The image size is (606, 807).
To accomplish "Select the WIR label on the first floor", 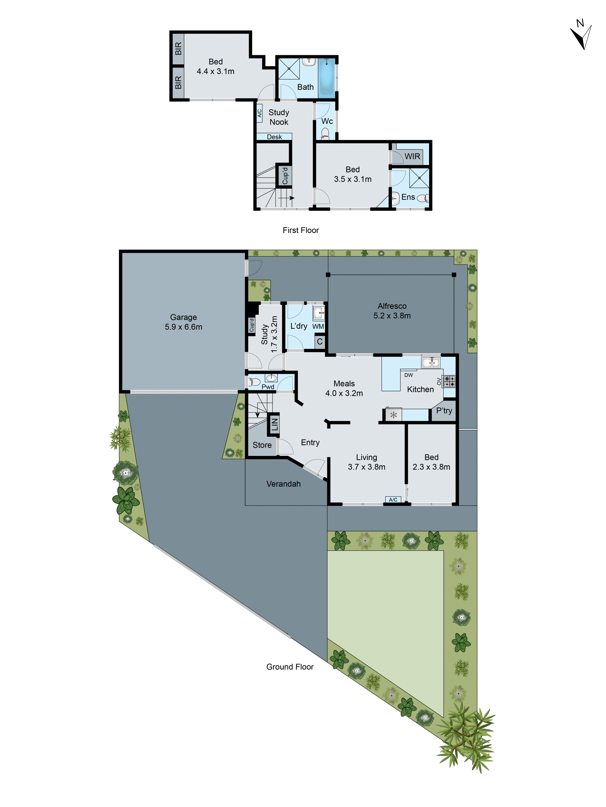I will point(412,157).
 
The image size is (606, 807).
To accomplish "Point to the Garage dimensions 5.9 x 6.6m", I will point(183,327).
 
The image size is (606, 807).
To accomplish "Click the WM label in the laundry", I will point(318,326).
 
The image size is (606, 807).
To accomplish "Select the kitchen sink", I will point(431,362).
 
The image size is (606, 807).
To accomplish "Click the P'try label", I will point(444,411).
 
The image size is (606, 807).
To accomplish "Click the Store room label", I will point(262,445).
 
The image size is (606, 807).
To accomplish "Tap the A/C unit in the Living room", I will point(393,500).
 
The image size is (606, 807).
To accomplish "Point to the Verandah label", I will point(284,484).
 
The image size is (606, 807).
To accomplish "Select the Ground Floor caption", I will point(290,667).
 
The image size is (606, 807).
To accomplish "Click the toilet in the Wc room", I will point(325,134).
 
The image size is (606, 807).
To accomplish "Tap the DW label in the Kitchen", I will point(409,375).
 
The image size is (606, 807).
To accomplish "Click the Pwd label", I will point(268,387).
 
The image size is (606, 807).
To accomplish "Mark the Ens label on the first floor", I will point(408,197).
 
